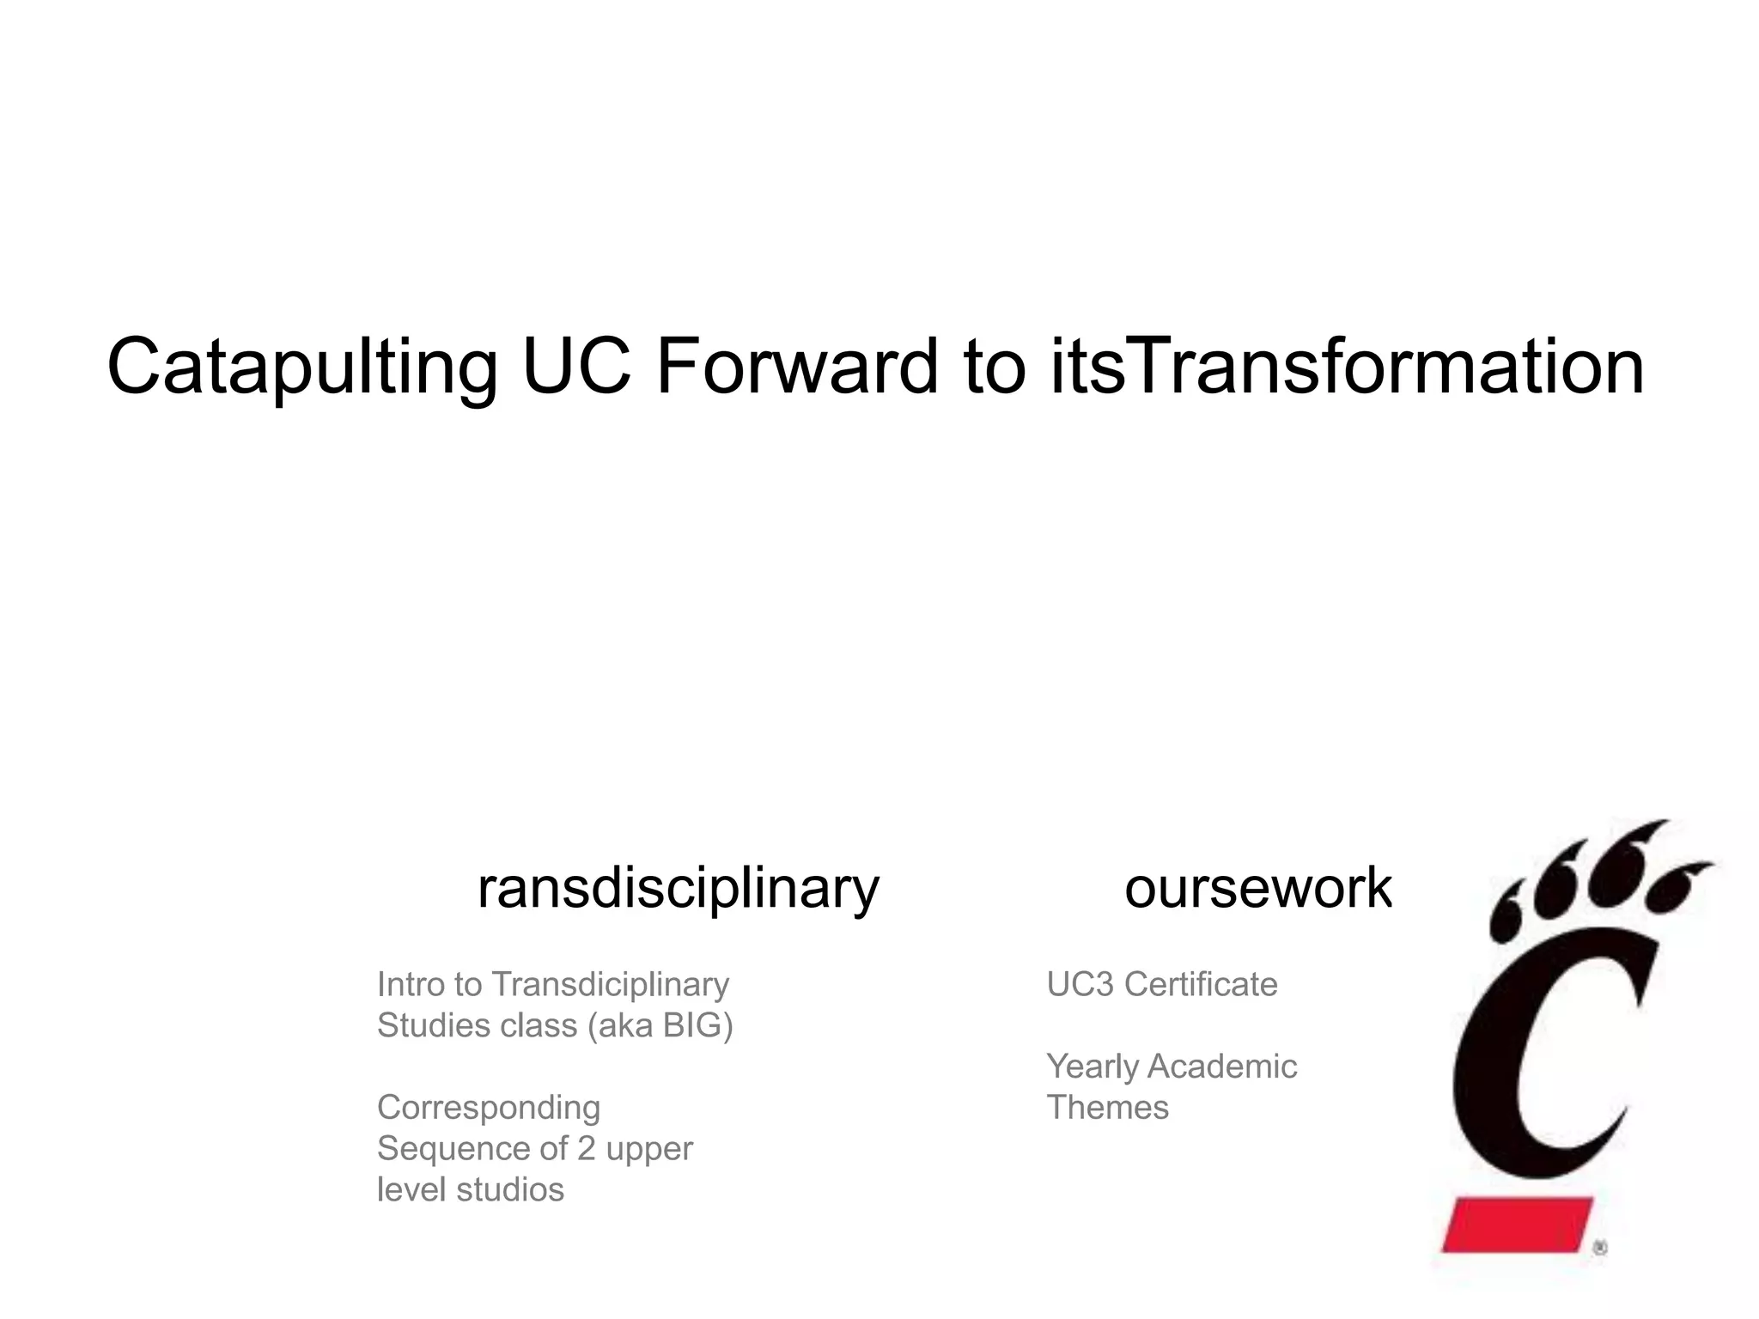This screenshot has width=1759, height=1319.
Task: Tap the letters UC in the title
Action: click(576, 368)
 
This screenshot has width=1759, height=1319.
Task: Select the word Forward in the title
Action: click(797, 368)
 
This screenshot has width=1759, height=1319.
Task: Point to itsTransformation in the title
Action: click(1345, 368)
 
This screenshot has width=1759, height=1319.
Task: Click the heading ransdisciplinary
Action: click(678, 888)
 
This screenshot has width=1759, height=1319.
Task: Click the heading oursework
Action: click(1257, 888)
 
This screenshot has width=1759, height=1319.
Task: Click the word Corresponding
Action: click(488, 1108)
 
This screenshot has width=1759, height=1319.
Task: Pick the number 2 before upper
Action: click(586, 1149)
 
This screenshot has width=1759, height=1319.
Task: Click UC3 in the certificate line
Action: click(1079, 984)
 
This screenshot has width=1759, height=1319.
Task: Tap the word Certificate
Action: click(1201, 984)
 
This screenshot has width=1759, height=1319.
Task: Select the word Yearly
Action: click(1092, 1067)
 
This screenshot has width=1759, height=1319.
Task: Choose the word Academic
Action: click(1221, 1067)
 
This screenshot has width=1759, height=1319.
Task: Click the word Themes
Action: click(1107, 1108)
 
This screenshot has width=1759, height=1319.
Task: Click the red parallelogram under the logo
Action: click(1517, 1225)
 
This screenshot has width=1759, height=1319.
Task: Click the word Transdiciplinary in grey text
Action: click(610, 984)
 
